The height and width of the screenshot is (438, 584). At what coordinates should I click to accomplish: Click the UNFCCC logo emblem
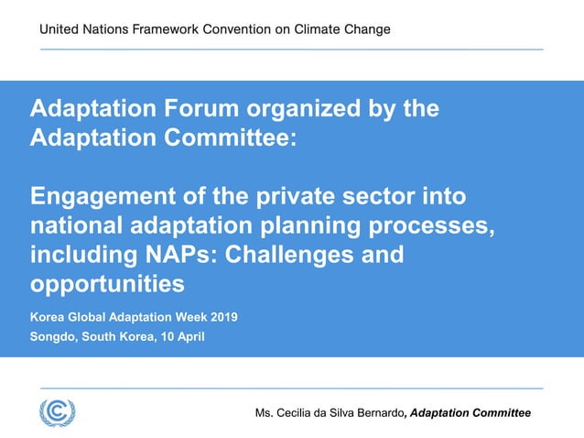coord(57,411)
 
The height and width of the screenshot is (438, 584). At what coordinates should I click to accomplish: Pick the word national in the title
coord(77,225)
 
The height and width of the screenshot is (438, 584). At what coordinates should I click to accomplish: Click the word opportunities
coord(107,284)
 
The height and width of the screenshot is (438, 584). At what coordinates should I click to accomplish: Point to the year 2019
coord(223,317)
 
